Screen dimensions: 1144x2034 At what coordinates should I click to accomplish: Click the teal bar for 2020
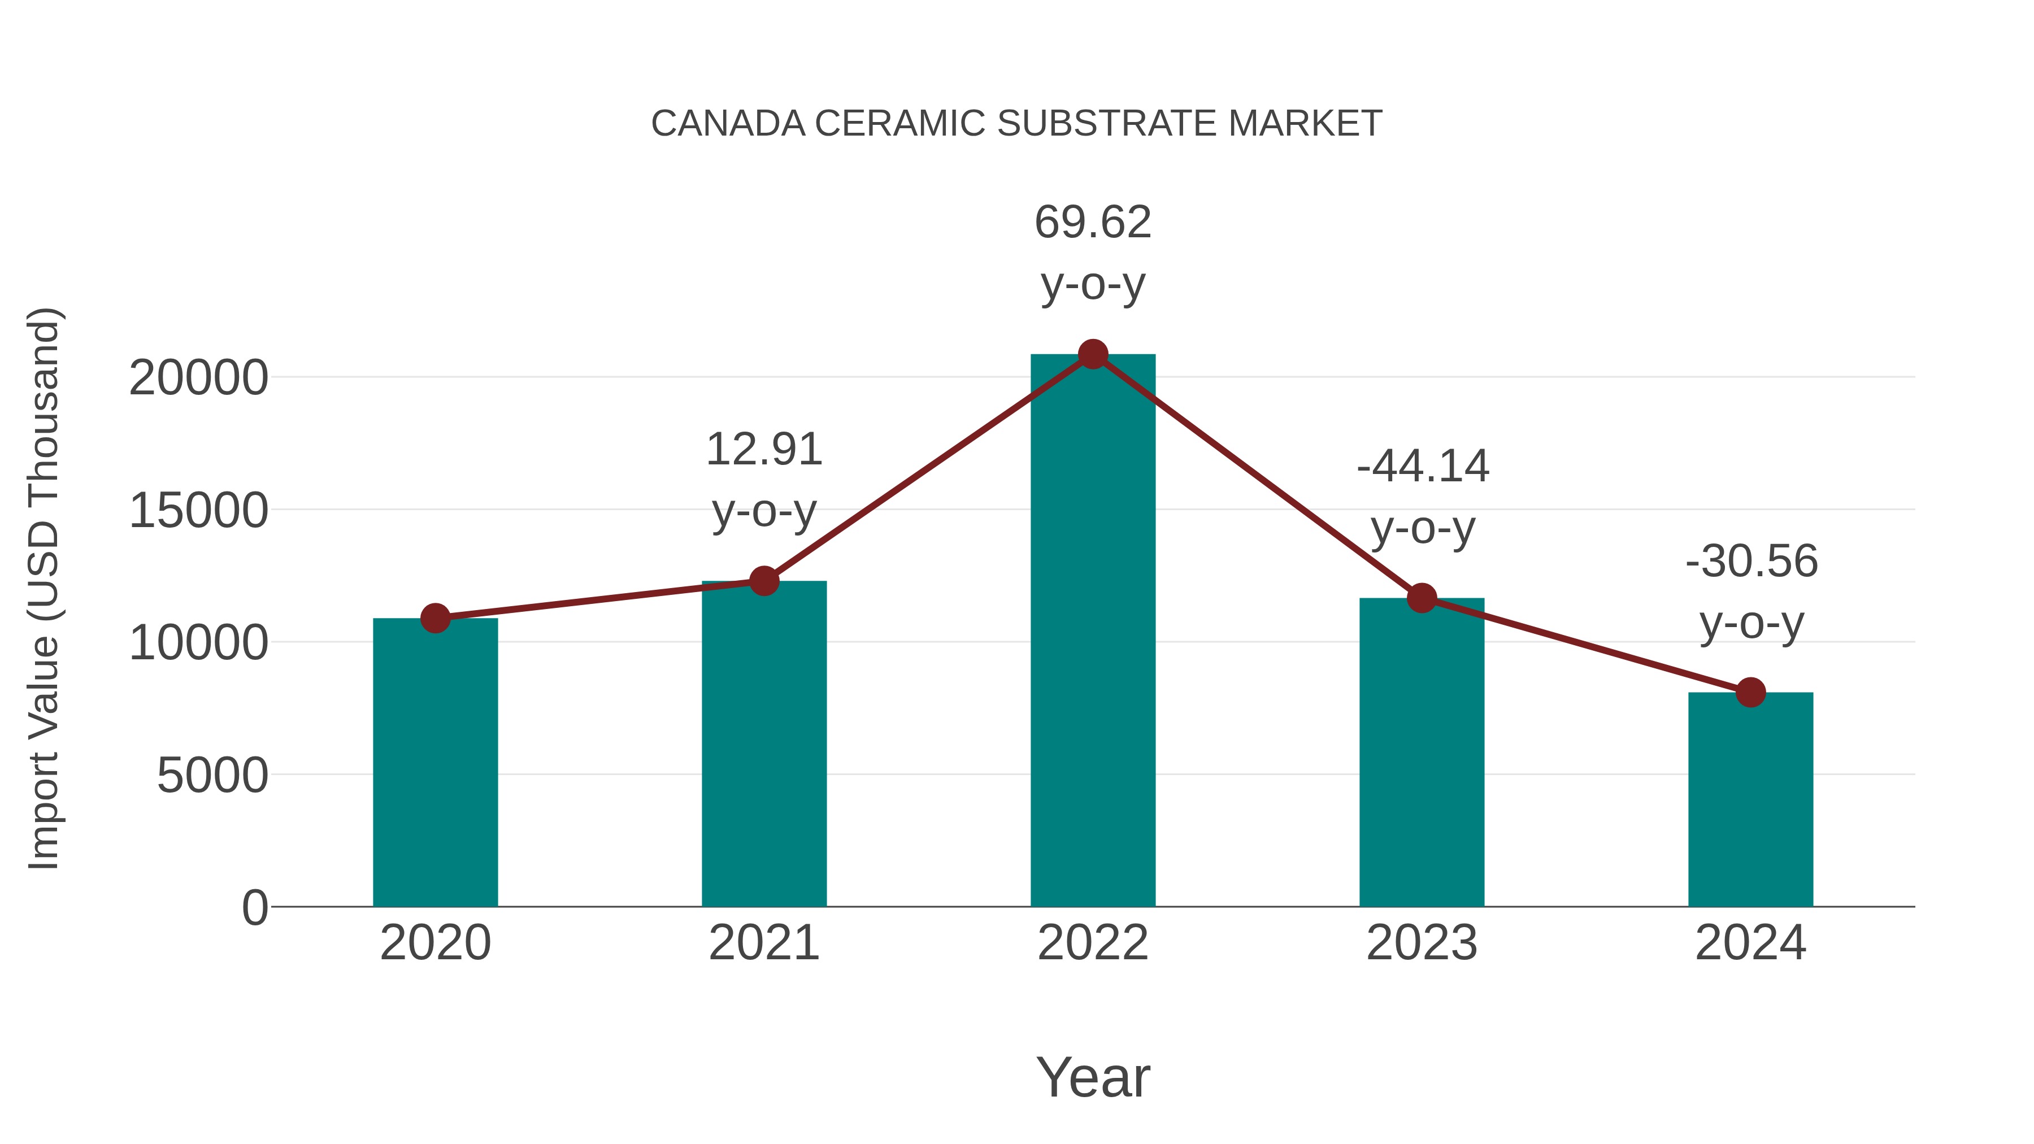(435, 762)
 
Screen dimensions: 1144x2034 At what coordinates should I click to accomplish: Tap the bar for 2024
(1750, 799)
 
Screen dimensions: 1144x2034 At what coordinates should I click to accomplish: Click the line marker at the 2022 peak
(1093, 354)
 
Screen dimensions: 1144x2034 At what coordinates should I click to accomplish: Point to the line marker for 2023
(1422, 598)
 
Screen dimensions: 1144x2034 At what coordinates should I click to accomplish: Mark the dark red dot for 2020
(435, 618)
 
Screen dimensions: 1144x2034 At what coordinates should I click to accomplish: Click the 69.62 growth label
(1093, 222)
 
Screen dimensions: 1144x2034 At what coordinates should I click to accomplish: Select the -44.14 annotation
(1423, 466)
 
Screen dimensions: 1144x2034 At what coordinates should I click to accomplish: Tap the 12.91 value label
(763, 449)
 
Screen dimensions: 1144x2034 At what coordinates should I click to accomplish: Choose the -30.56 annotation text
(1751, 562)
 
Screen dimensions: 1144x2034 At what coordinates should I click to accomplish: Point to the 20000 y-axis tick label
(198, 378)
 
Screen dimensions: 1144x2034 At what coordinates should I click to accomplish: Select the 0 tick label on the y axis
(254, 907)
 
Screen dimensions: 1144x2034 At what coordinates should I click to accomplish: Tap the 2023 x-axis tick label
(1422, 943)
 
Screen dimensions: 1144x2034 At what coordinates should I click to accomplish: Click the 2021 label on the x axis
(763, 943)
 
